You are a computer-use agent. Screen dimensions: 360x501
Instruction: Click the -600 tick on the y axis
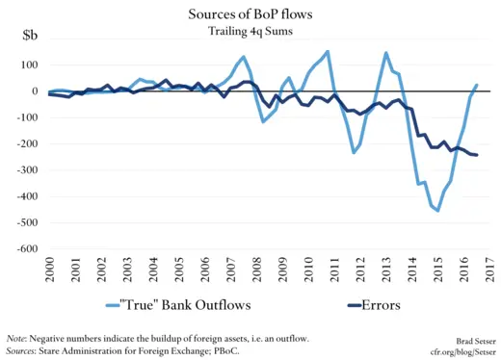pyautogui.click(x=21, y=248)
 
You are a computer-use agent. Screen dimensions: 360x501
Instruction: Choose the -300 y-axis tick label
pyautogui.click(x=21, y=170)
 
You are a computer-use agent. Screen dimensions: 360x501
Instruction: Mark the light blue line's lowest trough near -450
pyautogui.click(x=438, y=210)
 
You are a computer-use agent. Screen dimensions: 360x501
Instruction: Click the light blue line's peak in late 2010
pyautogui.click(x=328, y=51)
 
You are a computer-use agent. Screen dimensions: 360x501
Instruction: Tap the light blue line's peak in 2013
pyautogui.click(x=386, y=53)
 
